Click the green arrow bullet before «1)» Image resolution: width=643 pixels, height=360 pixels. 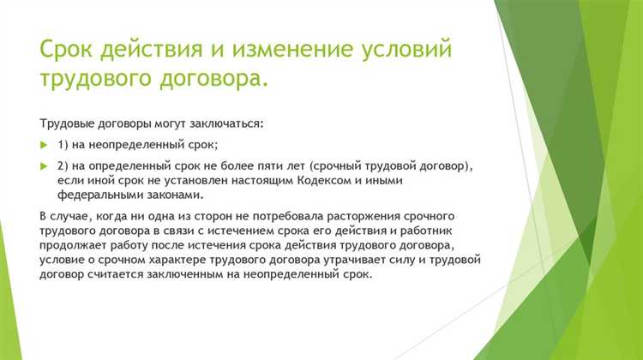[x=45, y=143]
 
